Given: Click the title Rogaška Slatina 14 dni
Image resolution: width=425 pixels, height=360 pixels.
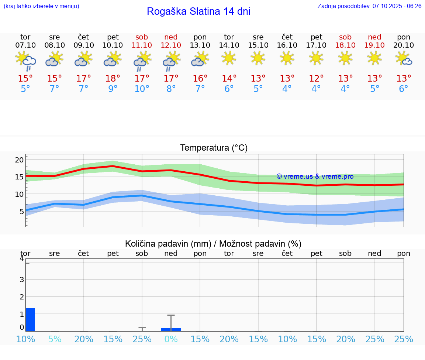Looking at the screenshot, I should coord(198,11).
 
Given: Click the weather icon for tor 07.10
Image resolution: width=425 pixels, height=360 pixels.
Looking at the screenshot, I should coord(25,61).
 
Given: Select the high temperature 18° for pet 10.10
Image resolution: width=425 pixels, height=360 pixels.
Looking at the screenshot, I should coord(113,78).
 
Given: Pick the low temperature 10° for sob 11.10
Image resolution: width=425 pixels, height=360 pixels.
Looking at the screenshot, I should coord(142,89).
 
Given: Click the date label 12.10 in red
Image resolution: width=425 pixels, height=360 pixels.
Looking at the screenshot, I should coord(171,45).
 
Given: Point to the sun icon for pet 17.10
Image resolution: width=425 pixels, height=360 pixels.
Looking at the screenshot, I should coord(316,58).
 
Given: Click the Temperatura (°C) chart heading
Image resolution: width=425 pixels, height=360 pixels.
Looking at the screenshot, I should coord(214,148).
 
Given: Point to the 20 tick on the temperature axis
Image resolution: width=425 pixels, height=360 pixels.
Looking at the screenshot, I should coord(19,160).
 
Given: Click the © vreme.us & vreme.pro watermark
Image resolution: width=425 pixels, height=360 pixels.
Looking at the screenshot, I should coord(315,176).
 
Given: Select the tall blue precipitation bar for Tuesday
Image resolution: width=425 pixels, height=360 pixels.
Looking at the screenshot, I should coord(30,319).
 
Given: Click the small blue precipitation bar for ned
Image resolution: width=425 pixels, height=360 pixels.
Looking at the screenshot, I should coord(171,329).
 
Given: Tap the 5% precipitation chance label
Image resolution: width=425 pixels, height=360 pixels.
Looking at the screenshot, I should coord(55,339).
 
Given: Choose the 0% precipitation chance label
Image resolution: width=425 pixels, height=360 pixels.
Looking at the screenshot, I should coord(171,339).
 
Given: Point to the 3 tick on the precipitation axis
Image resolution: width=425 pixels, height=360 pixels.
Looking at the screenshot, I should coord(21,280).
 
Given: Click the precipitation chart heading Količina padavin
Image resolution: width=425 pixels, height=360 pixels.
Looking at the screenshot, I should coord(213,244).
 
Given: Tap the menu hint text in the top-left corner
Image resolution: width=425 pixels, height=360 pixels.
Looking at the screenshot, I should coord(41,6).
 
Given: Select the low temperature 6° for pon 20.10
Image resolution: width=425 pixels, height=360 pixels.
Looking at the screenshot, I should coord(404,89).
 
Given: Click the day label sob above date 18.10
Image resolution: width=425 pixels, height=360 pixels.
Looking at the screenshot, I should coord(345,37).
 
